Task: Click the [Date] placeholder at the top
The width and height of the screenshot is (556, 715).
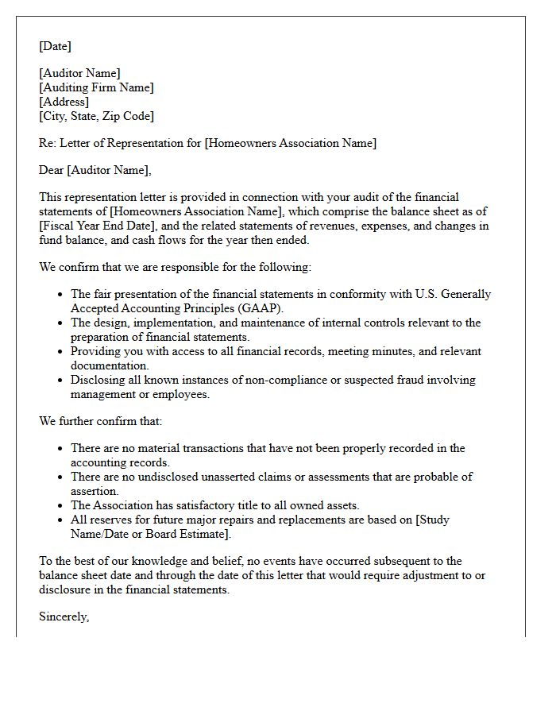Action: click(x=55, y=46)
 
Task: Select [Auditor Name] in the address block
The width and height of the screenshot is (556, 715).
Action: click(x=79, y=73)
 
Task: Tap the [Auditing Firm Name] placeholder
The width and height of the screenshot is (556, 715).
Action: click(x=96, y=87)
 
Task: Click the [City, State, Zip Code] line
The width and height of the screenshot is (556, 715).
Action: click(x=96, y=116)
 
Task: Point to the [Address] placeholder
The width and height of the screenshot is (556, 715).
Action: click(x=64, y=102)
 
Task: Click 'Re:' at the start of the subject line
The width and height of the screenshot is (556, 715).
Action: click(x=48, y=143)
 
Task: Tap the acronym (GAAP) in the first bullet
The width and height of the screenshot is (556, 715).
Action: click(x=255, y=308)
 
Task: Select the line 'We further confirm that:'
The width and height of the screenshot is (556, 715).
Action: click(x=100, y=421)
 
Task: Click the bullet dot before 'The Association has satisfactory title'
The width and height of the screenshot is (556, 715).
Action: click(x=60, y=506)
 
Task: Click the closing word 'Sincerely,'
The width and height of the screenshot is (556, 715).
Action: click(x=64, y=616)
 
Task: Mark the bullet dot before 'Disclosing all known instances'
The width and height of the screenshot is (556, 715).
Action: click(x=60, y=381)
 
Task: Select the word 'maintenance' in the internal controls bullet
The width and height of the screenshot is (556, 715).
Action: click(x=267, y=323)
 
